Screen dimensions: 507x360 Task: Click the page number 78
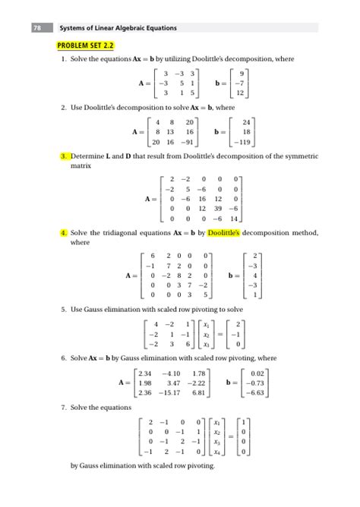pos(37,28)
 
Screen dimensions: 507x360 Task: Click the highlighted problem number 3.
pos(65,156)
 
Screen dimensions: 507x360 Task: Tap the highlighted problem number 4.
pos(65,231)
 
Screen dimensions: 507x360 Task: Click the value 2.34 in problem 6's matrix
pos(146,373)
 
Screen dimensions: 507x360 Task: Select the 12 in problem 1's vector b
pos(240,93)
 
